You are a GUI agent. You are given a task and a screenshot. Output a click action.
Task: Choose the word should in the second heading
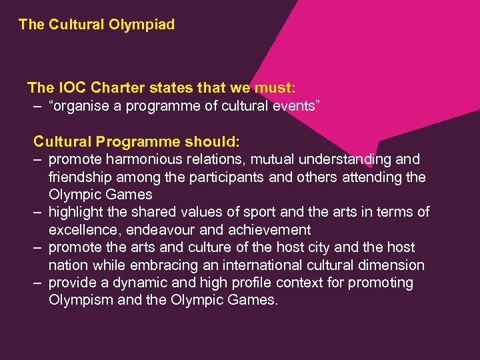point(211,141)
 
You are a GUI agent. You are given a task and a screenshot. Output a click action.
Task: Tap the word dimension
point(390,265)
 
